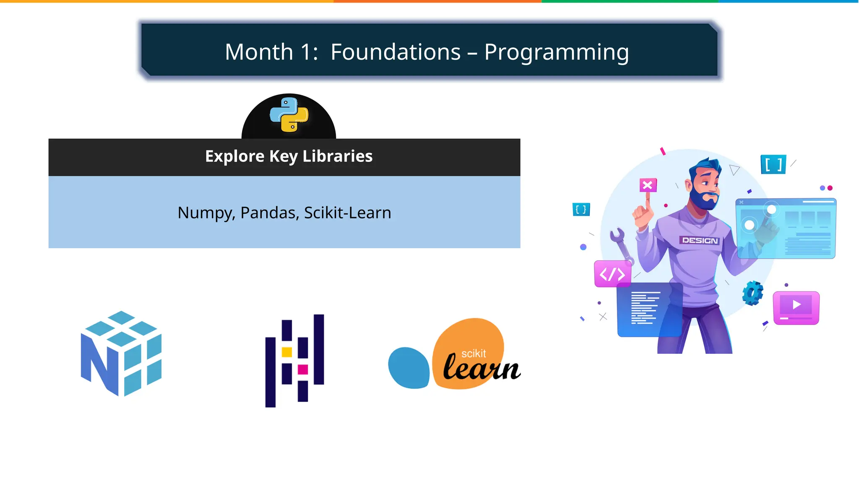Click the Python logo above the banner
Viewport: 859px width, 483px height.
(x=289, y=114)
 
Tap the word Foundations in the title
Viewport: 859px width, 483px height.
(x=396, y=52)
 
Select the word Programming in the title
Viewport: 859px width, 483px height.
(x=556, y=53)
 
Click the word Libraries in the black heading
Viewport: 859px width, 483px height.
(x=337, y=156)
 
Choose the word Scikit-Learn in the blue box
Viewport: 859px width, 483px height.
(x=347, y=213)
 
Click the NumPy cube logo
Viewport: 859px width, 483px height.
(x=121, y=353)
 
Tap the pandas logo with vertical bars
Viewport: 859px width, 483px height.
(x=295, y=361)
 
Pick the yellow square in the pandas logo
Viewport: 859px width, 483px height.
(x=287, y=352)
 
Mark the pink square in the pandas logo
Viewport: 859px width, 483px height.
(x=303, y=369)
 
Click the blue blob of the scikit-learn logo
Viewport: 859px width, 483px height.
(x=409, y=368)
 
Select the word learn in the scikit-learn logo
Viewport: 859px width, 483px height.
(x=482, y=368)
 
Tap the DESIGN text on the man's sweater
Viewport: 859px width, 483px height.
(x=700, y=241)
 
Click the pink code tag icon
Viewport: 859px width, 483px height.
(x=612, y=274)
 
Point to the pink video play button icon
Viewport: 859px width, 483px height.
(x=796, y=307)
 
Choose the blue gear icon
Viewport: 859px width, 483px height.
(x=752, y=293)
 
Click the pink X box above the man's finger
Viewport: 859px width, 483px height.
(x=648, y=185)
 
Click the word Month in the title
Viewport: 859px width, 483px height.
(x=259, y=52)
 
